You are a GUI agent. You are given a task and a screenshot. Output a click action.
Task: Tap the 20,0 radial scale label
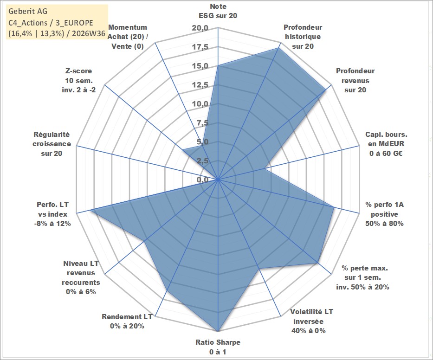(200, 28)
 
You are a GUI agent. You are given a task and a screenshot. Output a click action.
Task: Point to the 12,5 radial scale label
(200, 85)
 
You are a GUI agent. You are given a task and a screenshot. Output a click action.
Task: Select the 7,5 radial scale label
(202, 123)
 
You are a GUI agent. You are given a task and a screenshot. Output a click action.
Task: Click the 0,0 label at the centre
(202, 180)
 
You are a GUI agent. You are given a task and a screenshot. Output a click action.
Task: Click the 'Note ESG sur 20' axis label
(218, 11)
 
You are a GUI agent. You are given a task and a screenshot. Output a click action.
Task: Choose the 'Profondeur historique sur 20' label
(303, 37)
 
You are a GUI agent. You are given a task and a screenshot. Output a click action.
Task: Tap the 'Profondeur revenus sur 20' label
(355, 80)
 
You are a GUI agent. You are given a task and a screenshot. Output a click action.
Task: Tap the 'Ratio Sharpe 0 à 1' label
(218, 347)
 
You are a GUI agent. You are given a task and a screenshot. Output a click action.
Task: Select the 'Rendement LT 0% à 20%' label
(127, 321)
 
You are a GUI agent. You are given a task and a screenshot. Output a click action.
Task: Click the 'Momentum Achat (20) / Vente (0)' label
(128, 37)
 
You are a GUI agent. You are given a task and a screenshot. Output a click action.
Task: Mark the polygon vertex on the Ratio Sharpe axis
(218, 331)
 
